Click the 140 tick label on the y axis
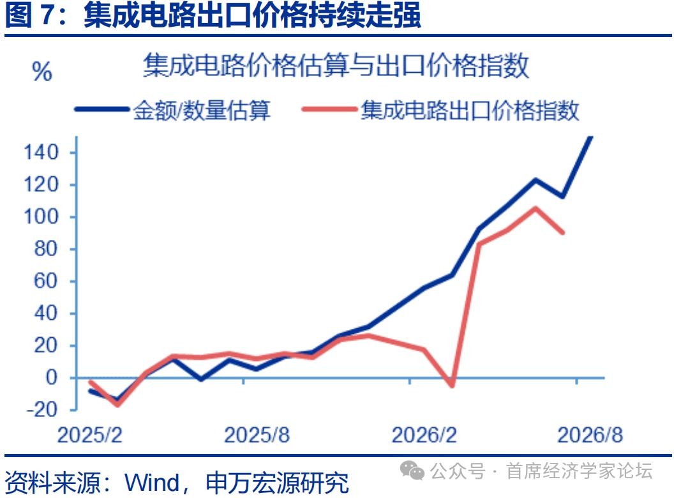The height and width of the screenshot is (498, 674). pyautogui.click(x=41, y=152)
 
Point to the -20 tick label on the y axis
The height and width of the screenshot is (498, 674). pyautogui.click(x=42, y=409)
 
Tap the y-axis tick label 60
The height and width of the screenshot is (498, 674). pyautogui.click(x=45, y=281)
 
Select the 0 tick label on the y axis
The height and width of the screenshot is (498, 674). pyautogui.click(x=52, y=377)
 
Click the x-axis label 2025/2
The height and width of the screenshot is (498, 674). pyautogui.click(x=90, y=435)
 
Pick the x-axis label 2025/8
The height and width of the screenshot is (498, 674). pyautogui.click(x=257, y=435)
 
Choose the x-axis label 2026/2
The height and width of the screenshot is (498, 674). pyautogui.click(x=424, y=435)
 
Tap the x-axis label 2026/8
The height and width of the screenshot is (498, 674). pyautogui.click(x=590, y=435)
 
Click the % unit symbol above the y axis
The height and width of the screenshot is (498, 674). pyautogui.click(x=42, y=72)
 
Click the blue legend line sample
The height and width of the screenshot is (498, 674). pyautogui.click(x=102, y=109)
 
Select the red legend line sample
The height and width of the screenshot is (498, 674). pyautogui.click(x=330, y=109)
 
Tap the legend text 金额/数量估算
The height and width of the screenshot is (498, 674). pyautogui.click(x=202, y=110)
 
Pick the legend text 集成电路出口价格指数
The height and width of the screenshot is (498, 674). pyautogui.click(x=470, y=110)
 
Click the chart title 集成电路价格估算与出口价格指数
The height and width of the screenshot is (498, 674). pyautogui.click(x=336, y=65)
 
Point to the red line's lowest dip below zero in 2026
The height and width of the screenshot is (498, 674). pyautogui.click(x=452, y=385)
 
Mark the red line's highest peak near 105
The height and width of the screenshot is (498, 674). pyautogui.click(x=535, y=209)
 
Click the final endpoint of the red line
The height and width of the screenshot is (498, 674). pyautogui.click(x=563, y=232)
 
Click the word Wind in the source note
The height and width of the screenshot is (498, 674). pyautogui.click(x=152, y=483)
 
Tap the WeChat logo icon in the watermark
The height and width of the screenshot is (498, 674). pyautogui.click(x=412, y=471)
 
